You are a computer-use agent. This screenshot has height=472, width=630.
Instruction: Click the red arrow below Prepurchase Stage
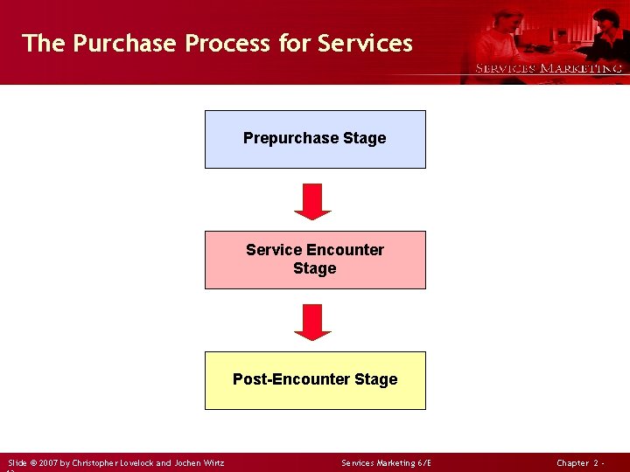313,201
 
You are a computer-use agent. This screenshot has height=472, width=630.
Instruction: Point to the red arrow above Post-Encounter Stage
313,322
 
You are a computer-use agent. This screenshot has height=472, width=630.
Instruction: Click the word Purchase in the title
125,43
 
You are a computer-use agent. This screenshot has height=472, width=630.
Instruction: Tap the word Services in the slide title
365,43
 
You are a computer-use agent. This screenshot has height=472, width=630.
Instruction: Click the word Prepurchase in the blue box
285,138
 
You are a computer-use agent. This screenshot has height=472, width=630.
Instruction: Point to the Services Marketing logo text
548,68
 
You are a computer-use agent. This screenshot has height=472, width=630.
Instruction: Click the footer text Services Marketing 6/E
386,462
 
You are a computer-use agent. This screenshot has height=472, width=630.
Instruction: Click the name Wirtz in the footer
210,462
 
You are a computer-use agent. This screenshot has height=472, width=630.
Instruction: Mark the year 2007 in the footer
48,462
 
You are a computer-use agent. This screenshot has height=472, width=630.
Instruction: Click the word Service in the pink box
274,250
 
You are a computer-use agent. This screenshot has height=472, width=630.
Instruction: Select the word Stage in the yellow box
376,379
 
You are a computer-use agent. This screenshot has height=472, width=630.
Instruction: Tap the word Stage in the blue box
365,138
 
